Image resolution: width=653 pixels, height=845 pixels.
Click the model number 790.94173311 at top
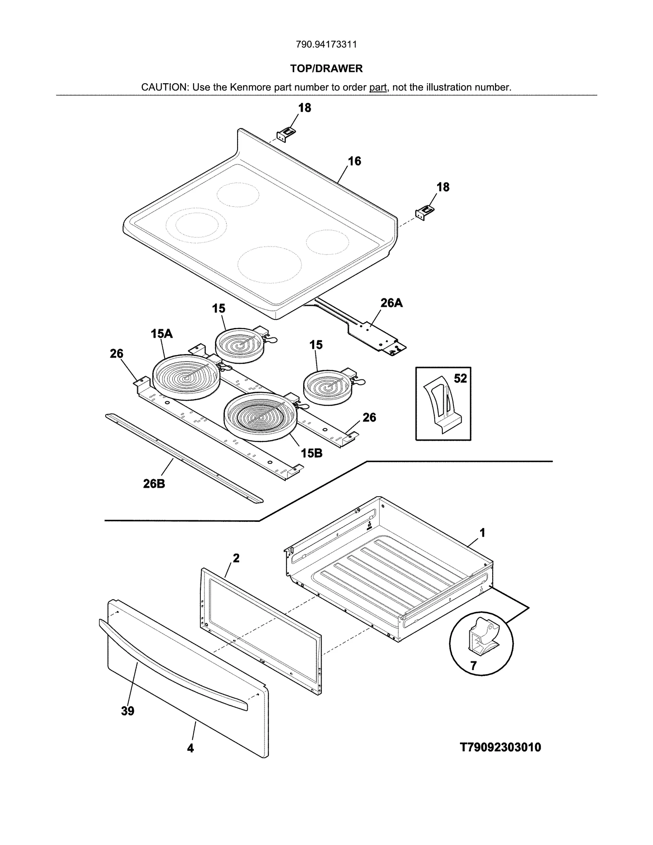[326, 44]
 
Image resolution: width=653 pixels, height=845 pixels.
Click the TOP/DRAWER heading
[326, 69]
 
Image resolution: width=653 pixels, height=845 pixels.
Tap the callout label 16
[354, 161]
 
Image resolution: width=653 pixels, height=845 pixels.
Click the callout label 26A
[391, 303]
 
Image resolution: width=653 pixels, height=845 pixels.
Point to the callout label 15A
[162, 334]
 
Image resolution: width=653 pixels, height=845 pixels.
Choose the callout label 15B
[311, 453]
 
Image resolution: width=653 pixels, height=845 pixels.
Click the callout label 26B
[154, 484]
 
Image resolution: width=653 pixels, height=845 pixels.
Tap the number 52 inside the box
[460, 379]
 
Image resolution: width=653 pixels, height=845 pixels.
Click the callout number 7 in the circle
[473, 666]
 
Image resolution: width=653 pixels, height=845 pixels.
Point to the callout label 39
[128, 711]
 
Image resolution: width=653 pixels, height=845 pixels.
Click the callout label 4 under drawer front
[190, 748]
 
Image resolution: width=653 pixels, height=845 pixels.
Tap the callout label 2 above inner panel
[236, 558]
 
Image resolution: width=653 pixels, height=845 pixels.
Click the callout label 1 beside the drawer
[482, 532]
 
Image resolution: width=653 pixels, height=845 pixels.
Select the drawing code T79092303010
[500, 747]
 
